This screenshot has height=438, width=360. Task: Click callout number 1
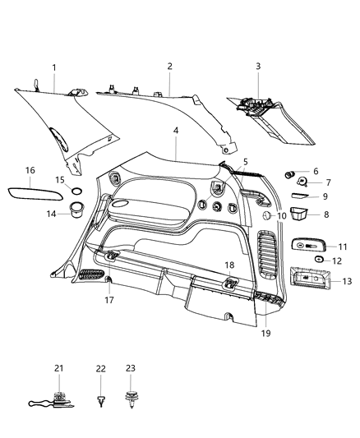pyautogui.click(x=54, y=67)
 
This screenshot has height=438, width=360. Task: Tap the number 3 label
pyautogui.click(x=257, y=67)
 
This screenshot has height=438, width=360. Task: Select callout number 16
pyautogui.click(x=30, y=170)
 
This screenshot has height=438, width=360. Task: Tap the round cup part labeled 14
pyautogui.click(x=75, y=210)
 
